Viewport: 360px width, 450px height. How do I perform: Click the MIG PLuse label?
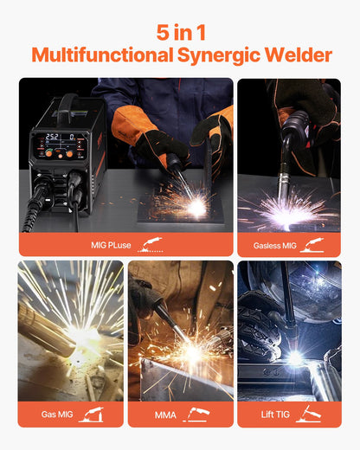pyautogui.click(x=111, y=245)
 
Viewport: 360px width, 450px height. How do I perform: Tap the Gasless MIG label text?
pyautogui.click(x=274, y=245)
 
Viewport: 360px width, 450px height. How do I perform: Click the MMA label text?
pyautogui.click(x=165, y=415)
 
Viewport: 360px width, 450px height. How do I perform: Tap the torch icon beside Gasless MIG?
pyautogui.click(x=313, y=244)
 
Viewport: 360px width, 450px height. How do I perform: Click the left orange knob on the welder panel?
pyautogui.click(x=49, y=152)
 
